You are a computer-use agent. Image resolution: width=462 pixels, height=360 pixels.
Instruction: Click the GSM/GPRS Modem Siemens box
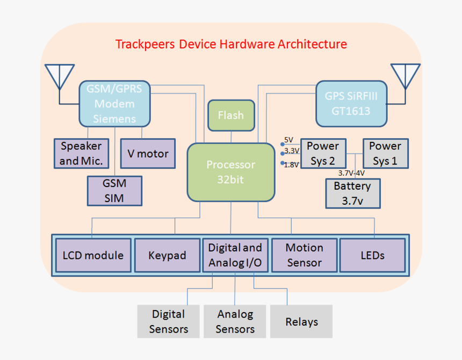coord(114,104)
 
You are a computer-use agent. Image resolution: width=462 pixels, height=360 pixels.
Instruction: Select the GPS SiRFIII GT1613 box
coord(351,104)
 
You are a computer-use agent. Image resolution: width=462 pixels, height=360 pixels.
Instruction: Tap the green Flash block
coord(231,115)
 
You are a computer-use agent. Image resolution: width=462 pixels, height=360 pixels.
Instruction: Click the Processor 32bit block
coord(231,172)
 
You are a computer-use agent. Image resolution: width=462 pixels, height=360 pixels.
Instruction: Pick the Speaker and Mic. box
coord(81,153)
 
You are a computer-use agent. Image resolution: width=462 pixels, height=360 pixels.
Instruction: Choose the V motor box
coord(148,153)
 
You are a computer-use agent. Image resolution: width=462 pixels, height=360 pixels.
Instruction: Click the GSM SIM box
coord(114,191)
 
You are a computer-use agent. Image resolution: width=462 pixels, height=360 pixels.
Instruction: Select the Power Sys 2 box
coord(323,153)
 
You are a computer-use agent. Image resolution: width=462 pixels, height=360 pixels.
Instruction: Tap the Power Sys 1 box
coord(385,153)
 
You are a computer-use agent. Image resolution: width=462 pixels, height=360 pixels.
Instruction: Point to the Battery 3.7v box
coord(353,193)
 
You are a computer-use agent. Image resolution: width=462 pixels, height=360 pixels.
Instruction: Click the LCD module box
coord(93,255)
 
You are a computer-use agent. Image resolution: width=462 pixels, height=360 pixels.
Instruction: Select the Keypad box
coord(167,255)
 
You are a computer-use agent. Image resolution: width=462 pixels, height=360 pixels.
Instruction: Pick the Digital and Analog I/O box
coord(235,255)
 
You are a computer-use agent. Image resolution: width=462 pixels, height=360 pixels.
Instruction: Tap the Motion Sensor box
coord(304,255)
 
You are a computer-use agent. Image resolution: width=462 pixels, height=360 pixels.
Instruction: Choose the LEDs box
coord(372,255)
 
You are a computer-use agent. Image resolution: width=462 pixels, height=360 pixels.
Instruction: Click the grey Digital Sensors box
coord(168,321)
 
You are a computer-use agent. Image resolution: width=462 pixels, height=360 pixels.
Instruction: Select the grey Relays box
coord(301,321)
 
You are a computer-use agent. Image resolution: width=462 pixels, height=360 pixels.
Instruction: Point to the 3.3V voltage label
coord(292,152)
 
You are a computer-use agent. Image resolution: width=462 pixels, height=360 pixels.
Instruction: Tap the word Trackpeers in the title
coord(145,44)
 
